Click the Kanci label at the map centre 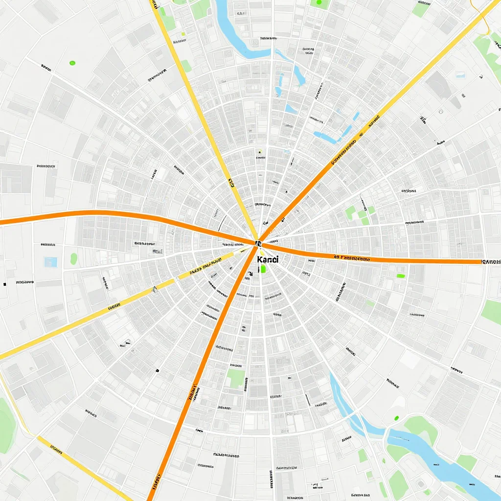267,259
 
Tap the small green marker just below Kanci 263,269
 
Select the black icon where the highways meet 258,242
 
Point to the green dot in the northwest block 73,63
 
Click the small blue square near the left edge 50,262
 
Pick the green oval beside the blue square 74,258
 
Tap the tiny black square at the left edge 4,284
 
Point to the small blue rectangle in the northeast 460,75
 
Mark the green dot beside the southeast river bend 396,418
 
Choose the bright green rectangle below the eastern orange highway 401,276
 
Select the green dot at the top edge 319,2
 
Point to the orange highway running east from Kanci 391,259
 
